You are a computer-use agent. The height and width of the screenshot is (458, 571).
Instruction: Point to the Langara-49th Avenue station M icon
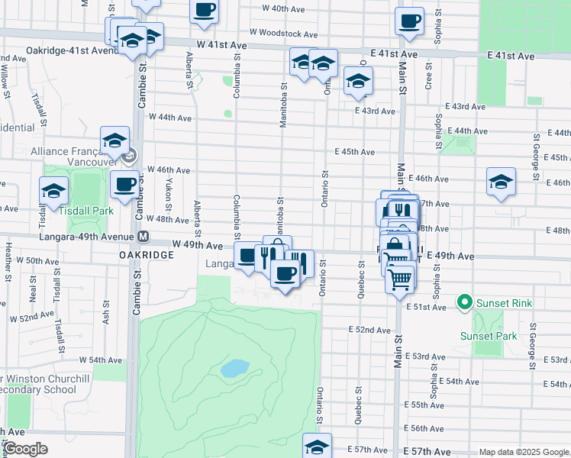pyautogui.click(x=144, y=237)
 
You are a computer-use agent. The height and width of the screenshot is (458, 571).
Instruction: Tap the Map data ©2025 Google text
pyautogui.click(x=523, y=453)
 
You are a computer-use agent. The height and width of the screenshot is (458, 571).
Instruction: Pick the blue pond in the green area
pyautogui.click(x=235, y=369)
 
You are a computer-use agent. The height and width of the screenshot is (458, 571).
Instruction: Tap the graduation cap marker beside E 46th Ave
pyautogui.click(x=501, y=182)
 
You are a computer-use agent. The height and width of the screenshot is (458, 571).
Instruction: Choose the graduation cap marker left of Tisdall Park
pyautogui.click(x=54, y=191)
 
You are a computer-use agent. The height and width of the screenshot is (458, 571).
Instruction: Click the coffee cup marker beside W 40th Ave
pyautogui.click(x=204, y=10)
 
